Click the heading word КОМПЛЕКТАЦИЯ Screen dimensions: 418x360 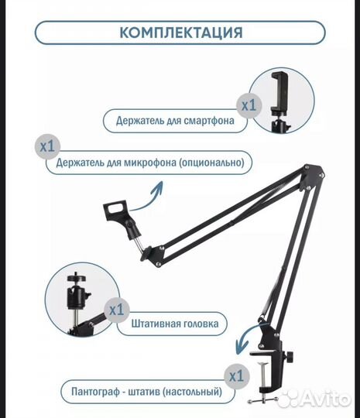tap(180, 33)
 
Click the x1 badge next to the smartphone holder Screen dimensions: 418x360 tap(247, 103)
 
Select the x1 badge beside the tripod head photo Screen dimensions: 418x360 tap(116, 309)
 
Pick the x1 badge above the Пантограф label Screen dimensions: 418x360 tap(234, 376)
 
